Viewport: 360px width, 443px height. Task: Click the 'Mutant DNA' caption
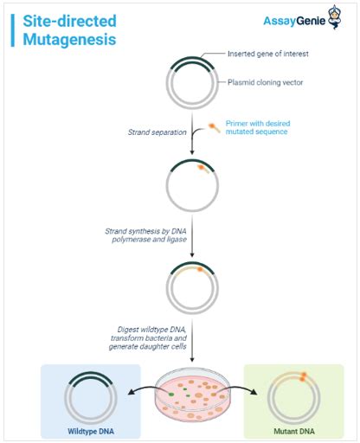(x=293, y=431)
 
